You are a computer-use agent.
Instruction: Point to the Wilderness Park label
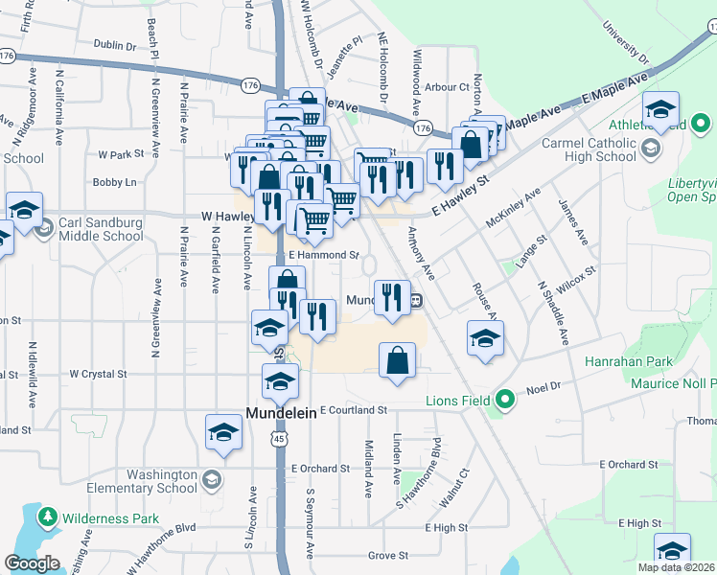pos(111,518)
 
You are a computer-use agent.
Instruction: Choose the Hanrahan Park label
pos(633,362)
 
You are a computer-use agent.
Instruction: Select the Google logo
pos(32,563)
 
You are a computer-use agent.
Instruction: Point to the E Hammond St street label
pos(324,256)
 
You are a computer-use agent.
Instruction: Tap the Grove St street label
pos(388,555)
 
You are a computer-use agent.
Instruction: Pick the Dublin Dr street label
pos(117,44)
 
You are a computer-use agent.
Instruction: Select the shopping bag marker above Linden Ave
pos(398,361)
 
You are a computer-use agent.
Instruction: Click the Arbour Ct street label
pos(447,87)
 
